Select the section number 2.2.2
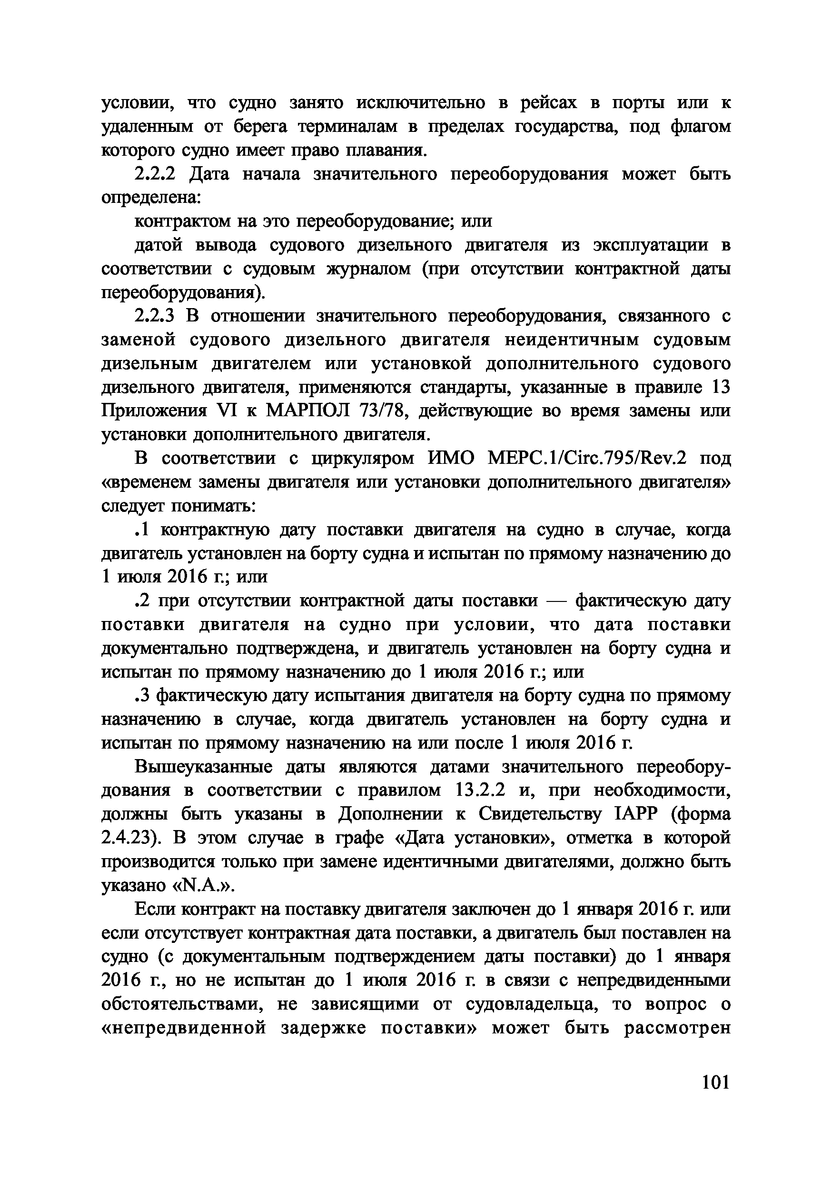(x=155, y=174)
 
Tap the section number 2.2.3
(x=155, y=316)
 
